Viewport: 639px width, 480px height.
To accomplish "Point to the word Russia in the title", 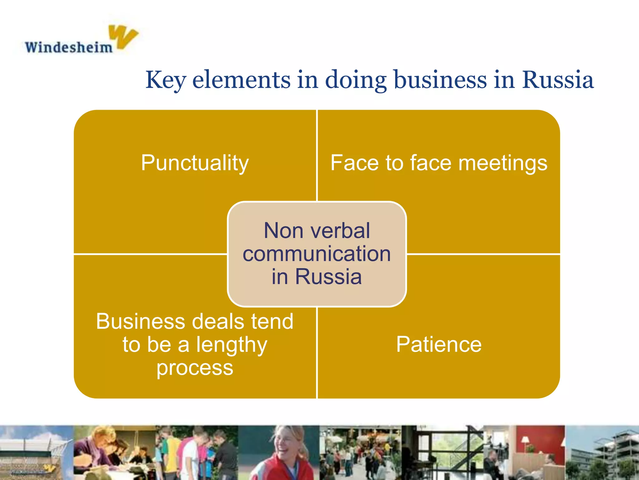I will coord(558,80).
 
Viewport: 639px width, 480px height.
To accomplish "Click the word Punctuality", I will coord(195,163).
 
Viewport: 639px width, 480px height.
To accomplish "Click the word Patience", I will coord(439,344).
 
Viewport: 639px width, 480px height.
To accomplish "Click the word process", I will coord(195,368).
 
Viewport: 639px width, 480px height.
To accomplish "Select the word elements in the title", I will coord(241,80).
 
